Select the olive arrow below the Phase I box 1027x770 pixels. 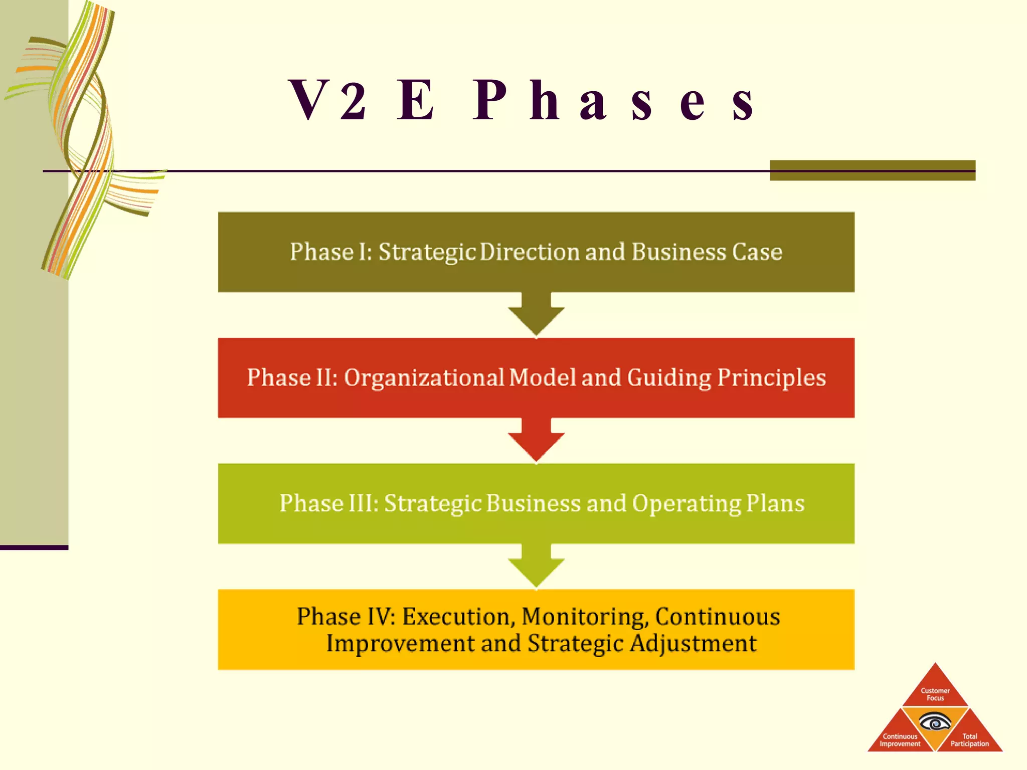[x=536, y=316]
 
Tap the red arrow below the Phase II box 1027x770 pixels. [x=536, y=442]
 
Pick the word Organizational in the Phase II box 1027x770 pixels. [x=424, y=378]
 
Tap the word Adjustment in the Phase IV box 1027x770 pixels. [x=693, y=644]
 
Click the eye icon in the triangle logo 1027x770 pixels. [x=935, y=723]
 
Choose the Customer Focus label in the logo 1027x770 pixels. [x=935, y=694]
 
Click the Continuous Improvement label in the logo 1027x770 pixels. [x=900, y=740]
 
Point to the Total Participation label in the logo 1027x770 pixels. [x=969, y=740]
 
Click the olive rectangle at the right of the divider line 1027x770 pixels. [x=873, y=170]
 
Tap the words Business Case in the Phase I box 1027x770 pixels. [x=707, y=252]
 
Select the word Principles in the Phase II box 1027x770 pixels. [x=771, y=378]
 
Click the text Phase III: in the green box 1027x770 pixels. [x=329, y=504]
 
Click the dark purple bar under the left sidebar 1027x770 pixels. [x=34, y=547]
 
